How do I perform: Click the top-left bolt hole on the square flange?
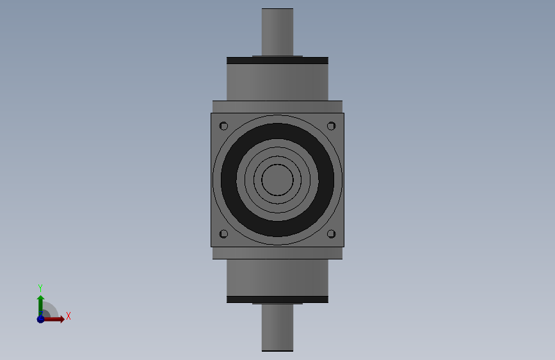click(x=223, y=126)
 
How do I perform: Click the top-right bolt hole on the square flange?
click(x=331, y=126)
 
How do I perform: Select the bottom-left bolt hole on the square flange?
click(x=223, y=234)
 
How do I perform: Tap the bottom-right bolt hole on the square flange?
click(x=331, y=234)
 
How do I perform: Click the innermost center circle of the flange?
click(x=277, y=180)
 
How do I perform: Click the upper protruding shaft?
click(x=277, y=32)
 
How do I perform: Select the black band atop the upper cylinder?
click(x=277, y=60)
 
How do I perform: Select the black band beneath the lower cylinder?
click(x=277, y=299)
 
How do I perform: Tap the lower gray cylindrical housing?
click(x=277, y=277)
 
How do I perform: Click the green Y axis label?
click(x=40, y=288)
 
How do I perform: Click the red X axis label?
click(x=68, y=316)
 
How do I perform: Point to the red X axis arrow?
click(x=56, y=319)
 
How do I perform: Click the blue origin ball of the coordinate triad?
click(x=40, y=319)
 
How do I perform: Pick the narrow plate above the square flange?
click(x=277, y=106)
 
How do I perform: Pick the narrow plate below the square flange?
click(x=277, y=253)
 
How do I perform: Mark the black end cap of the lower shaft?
click(x=277, y=350)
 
